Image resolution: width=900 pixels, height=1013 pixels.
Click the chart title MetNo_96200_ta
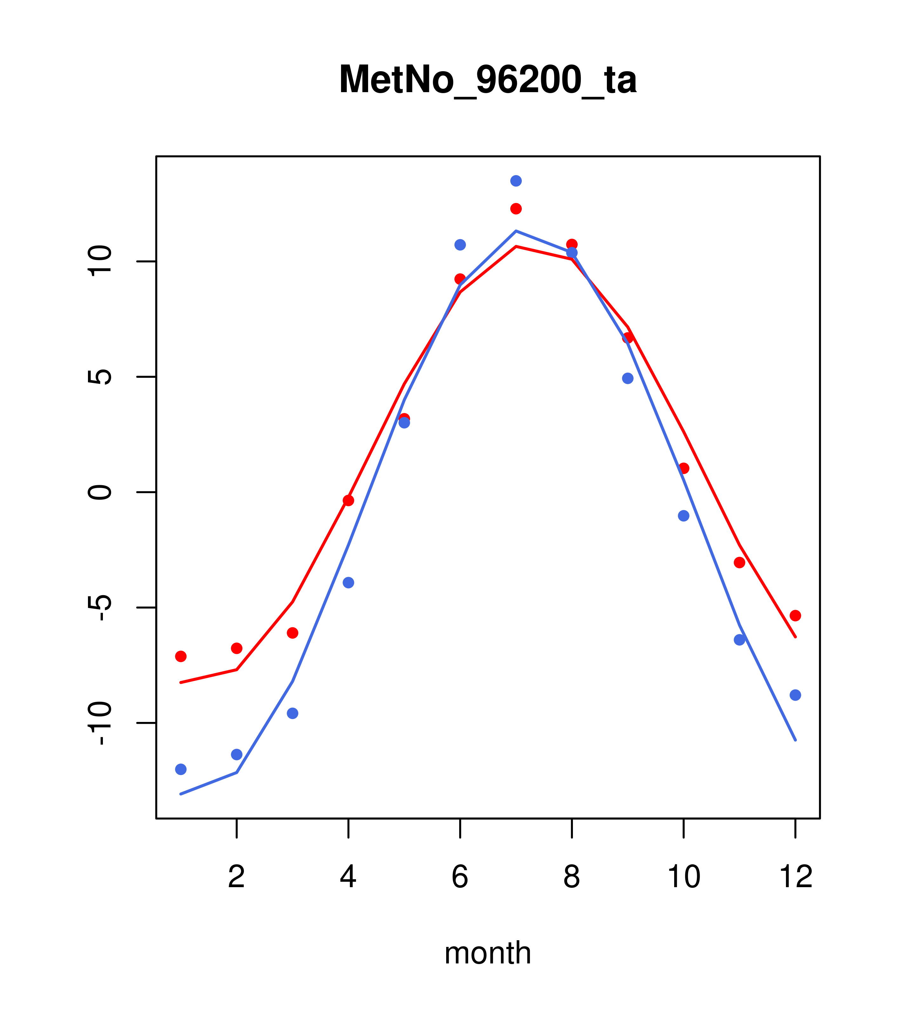(487, 80)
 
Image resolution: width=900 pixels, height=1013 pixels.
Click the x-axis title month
(487, 953)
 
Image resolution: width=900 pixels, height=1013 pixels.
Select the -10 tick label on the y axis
(99, 723)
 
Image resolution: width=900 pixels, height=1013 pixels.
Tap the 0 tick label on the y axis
(99, 492)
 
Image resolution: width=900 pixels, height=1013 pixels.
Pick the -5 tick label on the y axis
(99, 608)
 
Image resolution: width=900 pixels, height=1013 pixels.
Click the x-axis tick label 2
(237, 877)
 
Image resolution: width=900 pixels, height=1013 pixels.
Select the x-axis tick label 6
(460, 877)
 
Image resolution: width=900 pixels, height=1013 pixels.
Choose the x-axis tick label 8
(572, 877)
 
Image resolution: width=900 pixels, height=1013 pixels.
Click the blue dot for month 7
(516, 181)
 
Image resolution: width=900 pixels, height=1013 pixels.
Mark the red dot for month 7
(516, 209)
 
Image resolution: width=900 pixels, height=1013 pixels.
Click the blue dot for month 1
(181, 769)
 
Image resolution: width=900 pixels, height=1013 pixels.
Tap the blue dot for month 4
(348, 582)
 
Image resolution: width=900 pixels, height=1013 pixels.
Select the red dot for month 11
(740, 562)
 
